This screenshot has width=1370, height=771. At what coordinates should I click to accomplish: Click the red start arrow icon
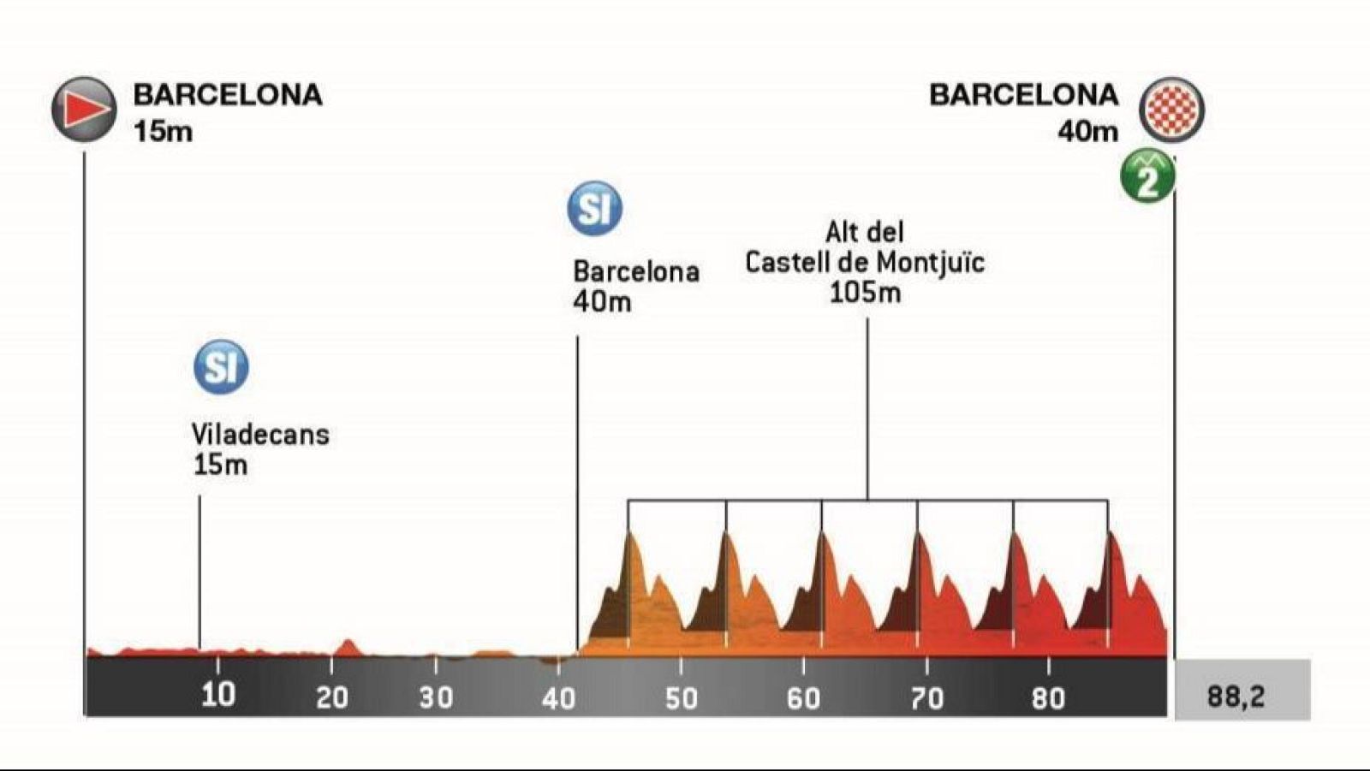pyautogui.click(x=84, y=110)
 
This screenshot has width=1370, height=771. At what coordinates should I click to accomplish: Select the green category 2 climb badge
pyautogui.click(x=1147, y=177)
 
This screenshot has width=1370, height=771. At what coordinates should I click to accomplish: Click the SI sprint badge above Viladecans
pyautogui.click(x=221, y=367)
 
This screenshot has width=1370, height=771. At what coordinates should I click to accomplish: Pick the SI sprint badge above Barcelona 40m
pyautogui.click(x=594, y=208)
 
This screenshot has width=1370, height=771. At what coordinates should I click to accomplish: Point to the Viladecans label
pyautogui.click(x=260, y=435)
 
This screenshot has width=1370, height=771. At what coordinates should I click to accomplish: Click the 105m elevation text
pyautogui.click(x=865, y=293)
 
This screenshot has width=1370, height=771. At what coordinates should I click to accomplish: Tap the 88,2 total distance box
pyautogui.click(x=1242, y=696)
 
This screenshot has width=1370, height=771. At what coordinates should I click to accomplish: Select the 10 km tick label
pyautogui.click(x=217, y=694)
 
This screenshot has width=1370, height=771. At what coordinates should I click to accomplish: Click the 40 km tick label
pyautogui.click(x=558, y=698)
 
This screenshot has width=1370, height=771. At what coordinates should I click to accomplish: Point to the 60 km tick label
pyautogui.click(x=803, y=698)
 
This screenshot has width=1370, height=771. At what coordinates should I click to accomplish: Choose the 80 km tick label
pyautogui.click(x=1048, y=698)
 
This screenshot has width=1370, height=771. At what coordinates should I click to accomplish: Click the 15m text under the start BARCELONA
pyautogui.click(x=163, y=132)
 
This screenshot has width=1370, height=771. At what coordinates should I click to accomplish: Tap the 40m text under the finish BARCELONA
pyautogui.click(x=1087, y=132)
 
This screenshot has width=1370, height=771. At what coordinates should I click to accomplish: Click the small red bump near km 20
pyautogui.click(x=347, y=645)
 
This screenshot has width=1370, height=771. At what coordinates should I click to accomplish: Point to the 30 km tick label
pyautogui.click(x=436, y=698)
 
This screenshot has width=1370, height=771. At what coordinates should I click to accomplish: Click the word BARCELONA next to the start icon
pyautogui.click(x=228, y=95)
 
